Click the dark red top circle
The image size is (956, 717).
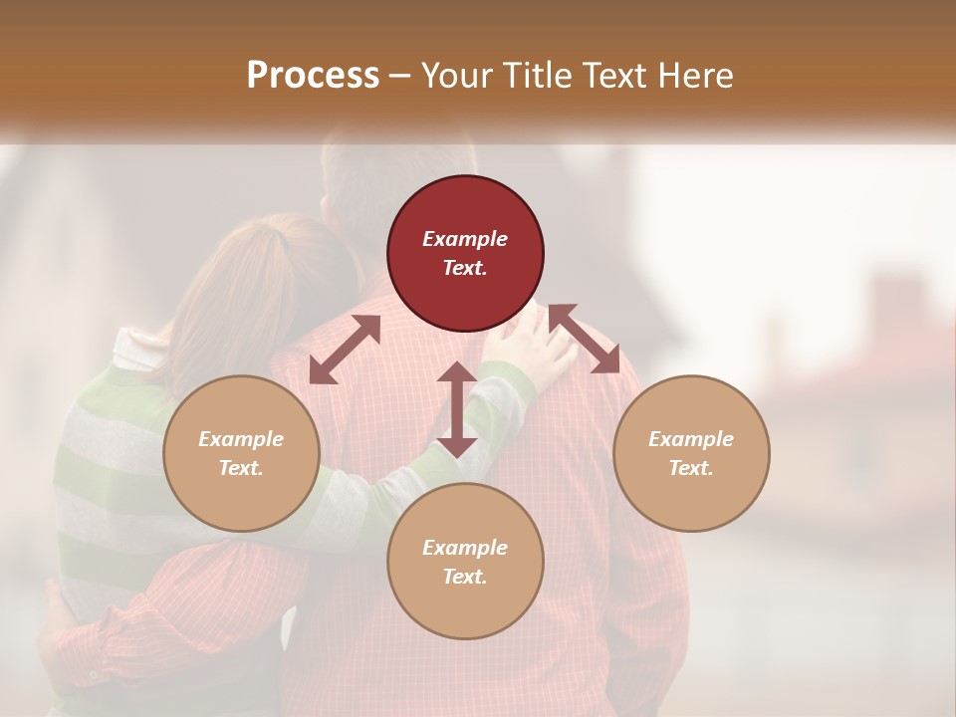coord(465,253)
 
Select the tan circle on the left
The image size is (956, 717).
coord(241,453)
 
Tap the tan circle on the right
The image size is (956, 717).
coord(691,453)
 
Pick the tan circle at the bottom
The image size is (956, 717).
coord(465,562)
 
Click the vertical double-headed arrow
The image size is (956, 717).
coord(457,409)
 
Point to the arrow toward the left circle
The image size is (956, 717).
coord(345,350)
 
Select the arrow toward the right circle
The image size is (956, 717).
coord(585,339)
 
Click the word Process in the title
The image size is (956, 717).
coord(313,75)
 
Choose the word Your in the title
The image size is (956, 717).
coord(453,75)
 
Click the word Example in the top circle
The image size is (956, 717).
coord(465,239)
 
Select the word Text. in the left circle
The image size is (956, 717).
coord(241,468)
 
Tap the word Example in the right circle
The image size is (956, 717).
coord(691,439)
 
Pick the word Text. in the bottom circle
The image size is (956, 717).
coord(465,577)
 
